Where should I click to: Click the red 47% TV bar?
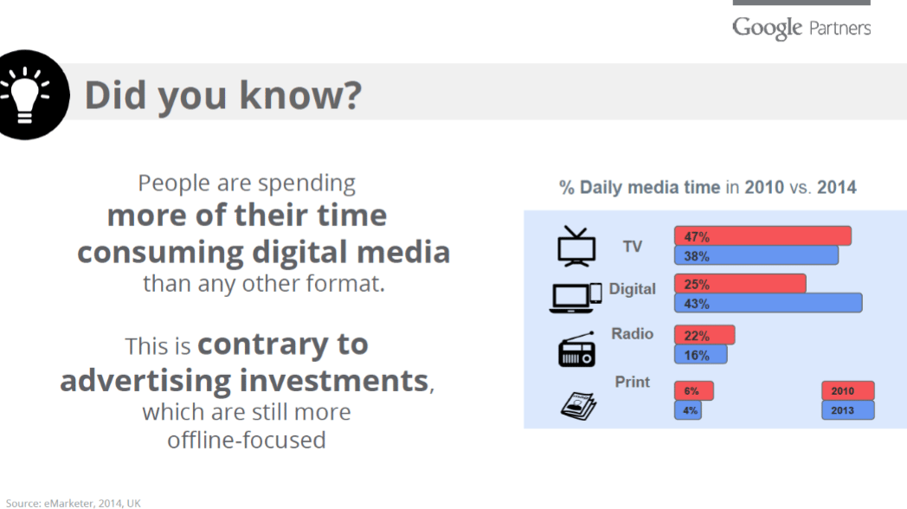pos(762,235)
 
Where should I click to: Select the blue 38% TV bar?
pos(756,255)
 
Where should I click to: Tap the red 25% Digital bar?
pos(740,284)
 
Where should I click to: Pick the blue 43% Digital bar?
pos(768,303)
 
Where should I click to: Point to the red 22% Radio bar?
pos(704,335)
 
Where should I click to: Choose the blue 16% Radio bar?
pos(700,355)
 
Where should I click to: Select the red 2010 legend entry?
pos(847,391)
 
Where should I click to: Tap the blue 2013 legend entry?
pos(847,410)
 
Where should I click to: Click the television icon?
pos(576,247)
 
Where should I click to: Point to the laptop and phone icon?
pos(576,295)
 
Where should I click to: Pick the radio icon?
pos(576,349)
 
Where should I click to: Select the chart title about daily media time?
pos(707,187)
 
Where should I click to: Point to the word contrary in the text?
pos(283,345)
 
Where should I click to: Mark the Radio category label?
pos(633,334)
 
